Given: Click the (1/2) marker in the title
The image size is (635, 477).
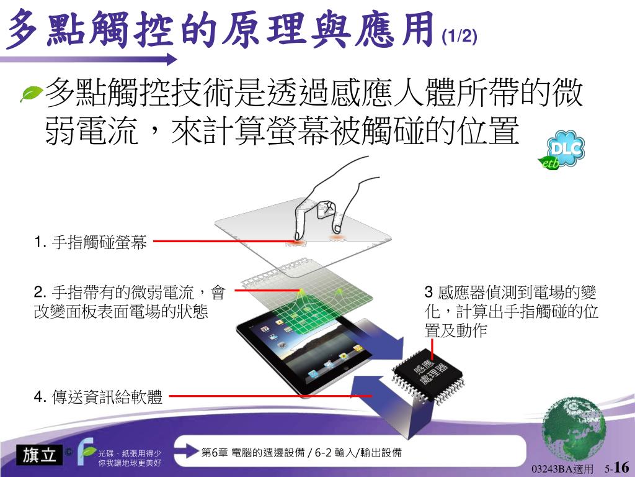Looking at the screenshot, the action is click(460, 37).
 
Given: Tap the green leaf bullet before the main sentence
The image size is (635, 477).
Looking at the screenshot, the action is click(32, 94).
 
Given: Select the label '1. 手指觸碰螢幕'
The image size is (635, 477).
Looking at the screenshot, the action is click(91, 242).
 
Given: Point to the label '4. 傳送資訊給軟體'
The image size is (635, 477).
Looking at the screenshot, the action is click(98, 397).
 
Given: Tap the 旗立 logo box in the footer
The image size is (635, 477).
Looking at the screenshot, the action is click(39, 455).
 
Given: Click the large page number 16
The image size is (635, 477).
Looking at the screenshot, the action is click(621, 466).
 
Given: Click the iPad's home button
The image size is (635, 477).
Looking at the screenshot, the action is click(345, 367).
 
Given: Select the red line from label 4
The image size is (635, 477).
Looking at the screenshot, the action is click(270, 396).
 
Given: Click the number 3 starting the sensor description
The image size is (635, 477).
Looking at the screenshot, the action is click(429, 292).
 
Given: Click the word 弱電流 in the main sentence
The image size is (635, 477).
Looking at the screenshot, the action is click(92, 130).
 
